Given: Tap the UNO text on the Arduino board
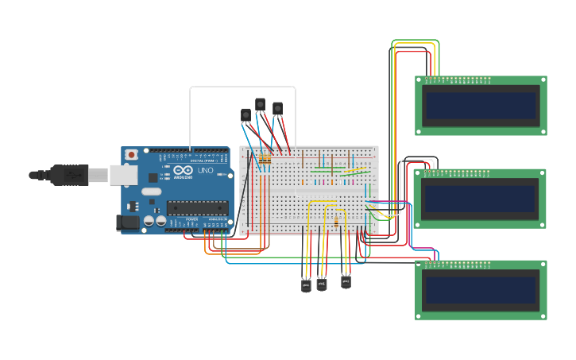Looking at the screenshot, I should click(205, 171).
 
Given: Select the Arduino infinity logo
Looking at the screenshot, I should click(182, 170).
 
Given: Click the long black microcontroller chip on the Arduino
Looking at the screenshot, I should click(197, 208).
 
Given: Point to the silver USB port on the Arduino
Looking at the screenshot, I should click(123, 175).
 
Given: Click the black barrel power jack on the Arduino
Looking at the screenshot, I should click(127, 223).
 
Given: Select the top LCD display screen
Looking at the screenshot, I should click(481, 105).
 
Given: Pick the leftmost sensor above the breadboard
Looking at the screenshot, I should click(245, 115).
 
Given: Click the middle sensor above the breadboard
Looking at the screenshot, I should click(260, 104).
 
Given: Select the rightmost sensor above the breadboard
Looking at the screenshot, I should click(277, 108).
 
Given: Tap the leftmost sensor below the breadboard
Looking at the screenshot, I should click(306, 285).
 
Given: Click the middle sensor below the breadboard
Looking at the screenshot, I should click(322, 283).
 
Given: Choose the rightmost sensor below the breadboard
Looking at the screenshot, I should click(346, 281).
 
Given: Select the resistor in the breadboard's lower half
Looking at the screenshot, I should click(337, 222).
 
